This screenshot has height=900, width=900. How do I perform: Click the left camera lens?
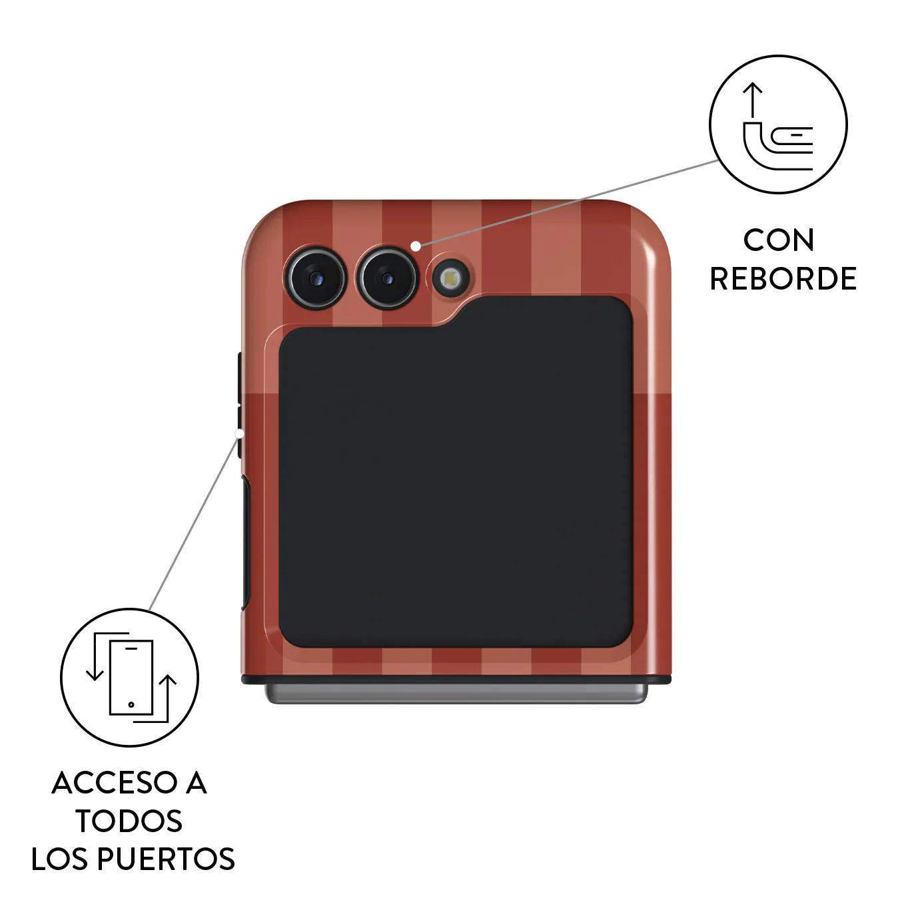pyautogui.click(x=316, y=278)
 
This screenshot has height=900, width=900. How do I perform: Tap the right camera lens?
pyautogui.click(x=387, y=278)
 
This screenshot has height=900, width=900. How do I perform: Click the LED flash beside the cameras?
pyautogui.click(x=450, y=280)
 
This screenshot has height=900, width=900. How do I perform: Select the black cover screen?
pyautogui.click(x=456, y=472)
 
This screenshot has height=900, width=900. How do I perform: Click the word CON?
pyautogui.click(x=779, y=240)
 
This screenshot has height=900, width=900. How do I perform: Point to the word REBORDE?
pyautogui.click(x=783, y=279)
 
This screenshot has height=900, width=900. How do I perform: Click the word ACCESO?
pyautogui.click(x=113, y=783)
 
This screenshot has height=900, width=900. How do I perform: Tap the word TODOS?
pyautogui.click(x=129, y=821)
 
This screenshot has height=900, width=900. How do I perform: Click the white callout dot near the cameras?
pyautogui.click(x=415, y=246)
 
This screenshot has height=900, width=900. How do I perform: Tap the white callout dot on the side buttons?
pyautogui.click(x=239, y=434)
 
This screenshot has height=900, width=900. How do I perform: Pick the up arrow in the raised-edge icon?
pyautogui.click(x=753, y=100)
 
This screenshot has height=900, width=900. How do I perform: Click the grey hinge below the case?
pyautogui.click(x=456, y=693)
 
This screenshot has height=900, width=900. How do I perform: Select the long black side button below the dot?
pyautogui.click(x=245, y=542)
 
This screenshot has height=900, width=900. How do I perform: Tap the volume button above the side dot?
pyautogui.click(x=240, y=378)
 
